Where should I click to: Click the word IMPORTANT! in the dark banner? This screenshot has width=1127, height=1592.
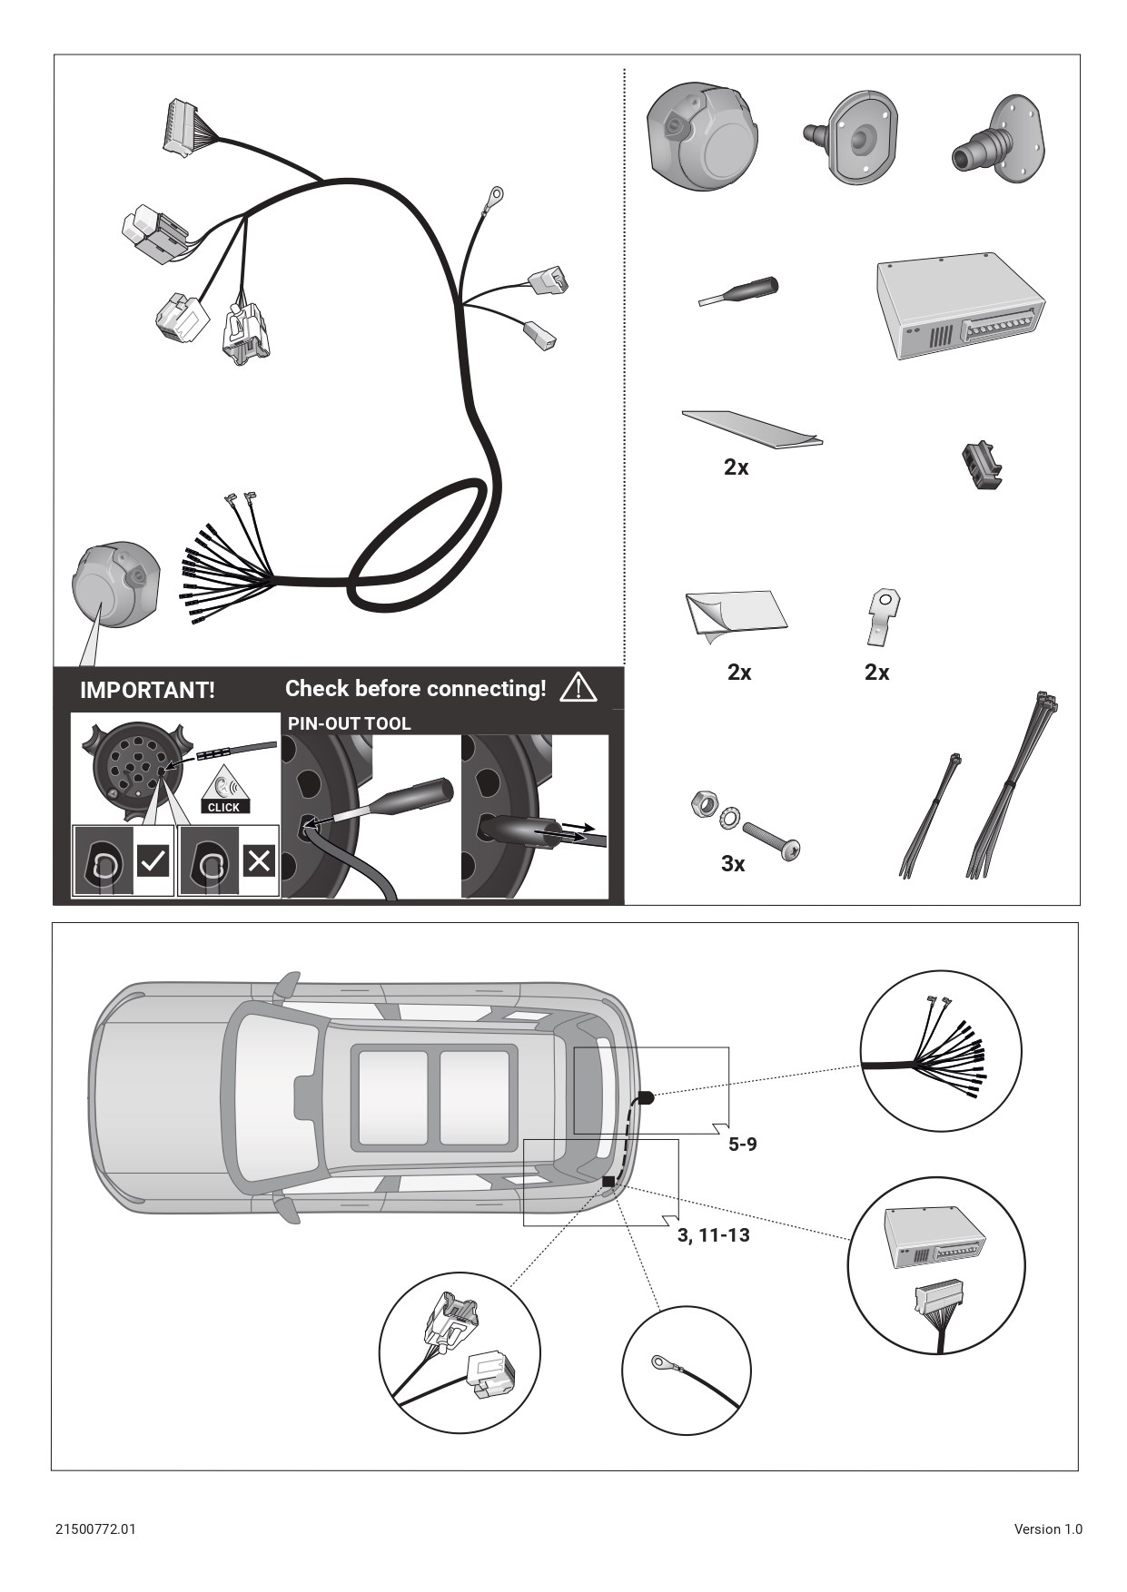tap(147, 690)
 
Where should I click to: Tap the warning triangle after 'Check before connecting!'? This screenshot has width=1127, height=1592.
tap(578, 687)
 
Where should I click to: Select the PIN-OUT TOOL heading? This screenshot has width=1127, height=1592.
tap(349, 723)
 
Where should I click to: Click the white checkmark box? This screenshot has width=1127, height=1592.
tap(153, 860)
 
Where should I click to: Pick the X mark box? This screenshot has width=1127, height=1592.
tap(259, 860)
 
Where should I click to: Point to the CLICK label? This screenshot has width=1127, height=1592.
tap(223, 807)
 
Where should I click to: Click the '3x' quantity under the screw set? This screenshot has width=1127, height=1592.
tap(733, 864)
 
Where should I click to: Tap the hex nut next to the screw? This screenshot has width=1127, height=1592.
tap(702, 802)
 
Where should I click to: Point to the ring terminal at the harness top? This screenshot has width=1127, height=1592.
tap(494, 193)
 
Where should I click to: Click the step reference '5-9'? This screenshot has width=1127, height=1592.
tap(743, 1145)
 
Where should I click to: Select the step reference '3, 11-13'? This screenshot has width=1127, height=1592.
tap(714, 1235)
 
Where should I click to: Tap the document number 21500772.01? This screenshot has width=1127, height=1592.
tap(95, 1528)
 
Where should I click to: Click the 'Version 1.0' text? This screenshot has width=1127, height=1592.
tap(1048, 1528)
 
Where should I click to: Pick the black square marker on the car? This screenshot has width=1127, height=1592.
tap(608, 1180)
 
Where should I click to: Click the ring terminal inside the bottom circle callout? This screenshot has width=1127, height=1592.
tap(658, 1361)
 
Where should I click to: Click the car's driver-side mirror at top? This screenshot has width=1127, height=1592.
tap(287, 986)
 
